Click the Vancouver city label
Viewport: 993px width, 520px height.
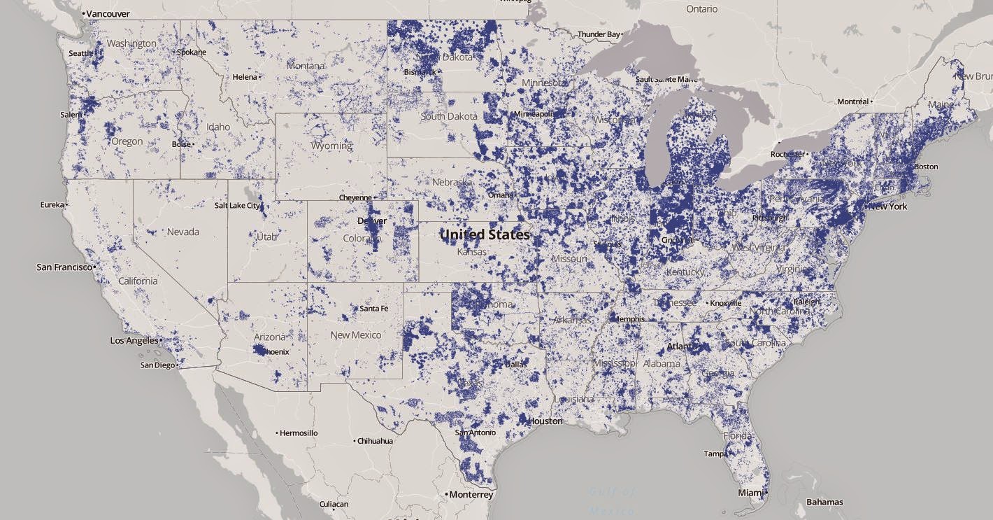click(x=108, y=13)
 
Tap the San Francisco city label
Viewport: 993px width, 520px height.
click(x=64, y=267)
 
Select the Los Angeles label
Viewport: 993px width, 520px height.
click(x=134, y=341)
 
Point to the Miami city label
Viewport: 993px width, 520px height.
click(x=750, y=493)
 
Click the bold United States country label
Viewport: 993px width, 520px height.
click(x=485, y=234)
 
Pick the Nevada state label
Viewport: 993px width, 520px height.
click(x=183, y=232)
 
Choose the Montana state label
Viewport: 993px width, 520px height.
click(x=306, y=66)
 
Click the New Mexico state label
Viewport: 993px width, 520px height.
click(x=356, y=335)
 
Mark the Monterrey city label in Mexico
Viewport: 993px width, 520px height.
click(x=471, y=495)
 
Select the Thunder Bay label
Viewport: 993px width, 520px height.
click(x=599, y=34)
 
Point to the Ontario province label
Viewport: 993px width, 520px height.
click(x=701, y=9)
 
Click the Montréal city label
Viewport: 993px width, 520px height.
click(x=852, y=101)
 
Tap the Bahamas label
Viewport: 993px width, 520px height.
click(x=824, y=502)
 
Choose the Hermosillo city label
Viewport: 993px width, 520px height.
click(x=299, y=433)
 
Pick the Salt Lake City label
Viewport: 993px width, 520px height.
click(x=237, y=206)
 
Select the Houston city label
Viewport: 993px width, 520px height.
click(x=545, y=421)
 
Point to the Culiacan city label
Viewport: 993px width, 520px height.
click(x=334, y=504)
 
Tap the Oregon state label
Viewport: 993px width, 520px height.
click(x=127, y=141)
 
